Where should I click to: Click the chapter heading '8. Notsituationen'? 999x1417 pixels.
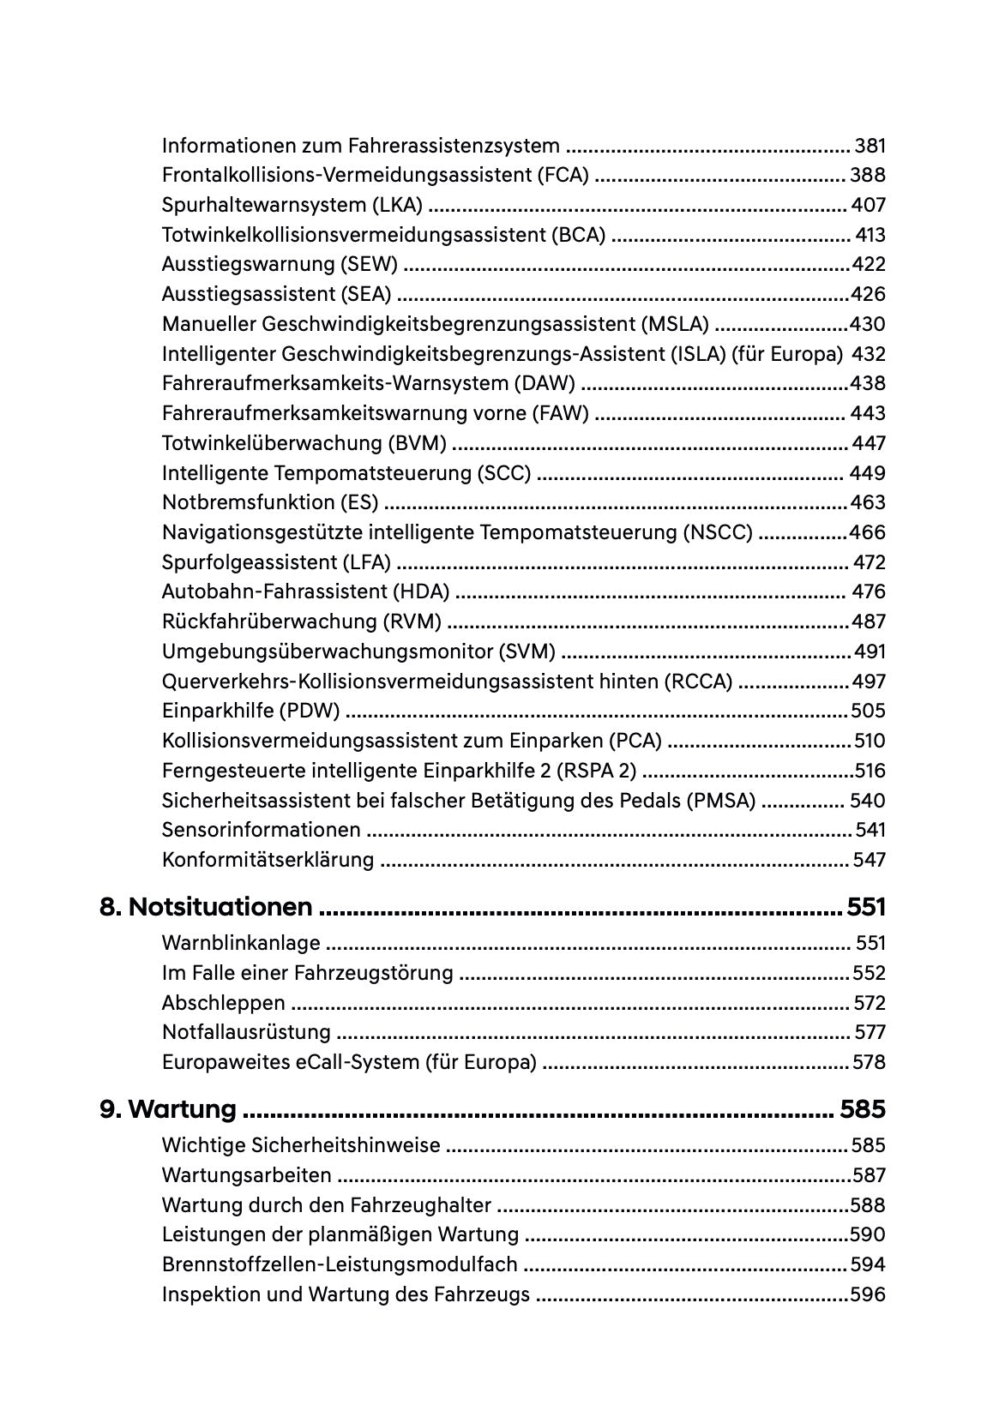click(206, 907)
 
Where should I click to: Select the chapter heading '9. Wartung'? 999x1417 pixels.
click(168, 1109)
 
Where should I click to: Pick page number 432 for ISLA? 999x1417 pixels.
click(868, 354)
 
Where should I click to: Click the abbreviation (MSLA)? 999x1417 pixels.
click(675, 324)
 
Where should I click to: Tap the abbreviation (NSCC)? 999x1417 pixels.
click(719, 532)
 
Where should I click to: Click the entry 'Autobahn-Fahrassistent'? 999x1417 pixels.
click(274, 591)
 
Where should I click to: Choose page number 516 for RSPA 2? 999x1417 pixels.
click(870, 771)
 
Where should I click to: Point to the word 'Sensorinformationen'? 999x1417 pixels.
click(262, 830)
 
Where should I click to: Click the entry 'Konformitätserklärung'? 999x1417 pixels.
click(268, 860)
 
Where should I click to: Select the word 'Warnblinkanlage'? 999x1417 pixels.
click(241, 943)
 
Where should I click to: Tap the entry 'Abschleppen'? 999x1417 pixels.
click(224, 1003)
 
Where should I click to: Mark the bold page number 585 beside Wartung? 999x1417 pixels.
click(862, 1109)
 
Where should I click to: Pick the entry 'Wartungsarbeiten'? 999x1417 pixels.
click(246, 1175)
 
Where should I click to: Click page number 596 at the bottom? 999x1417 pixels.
click(868, 1294)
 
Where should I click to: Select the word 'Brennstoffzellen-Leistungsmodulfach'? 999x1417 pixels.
click(340, 1264)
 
